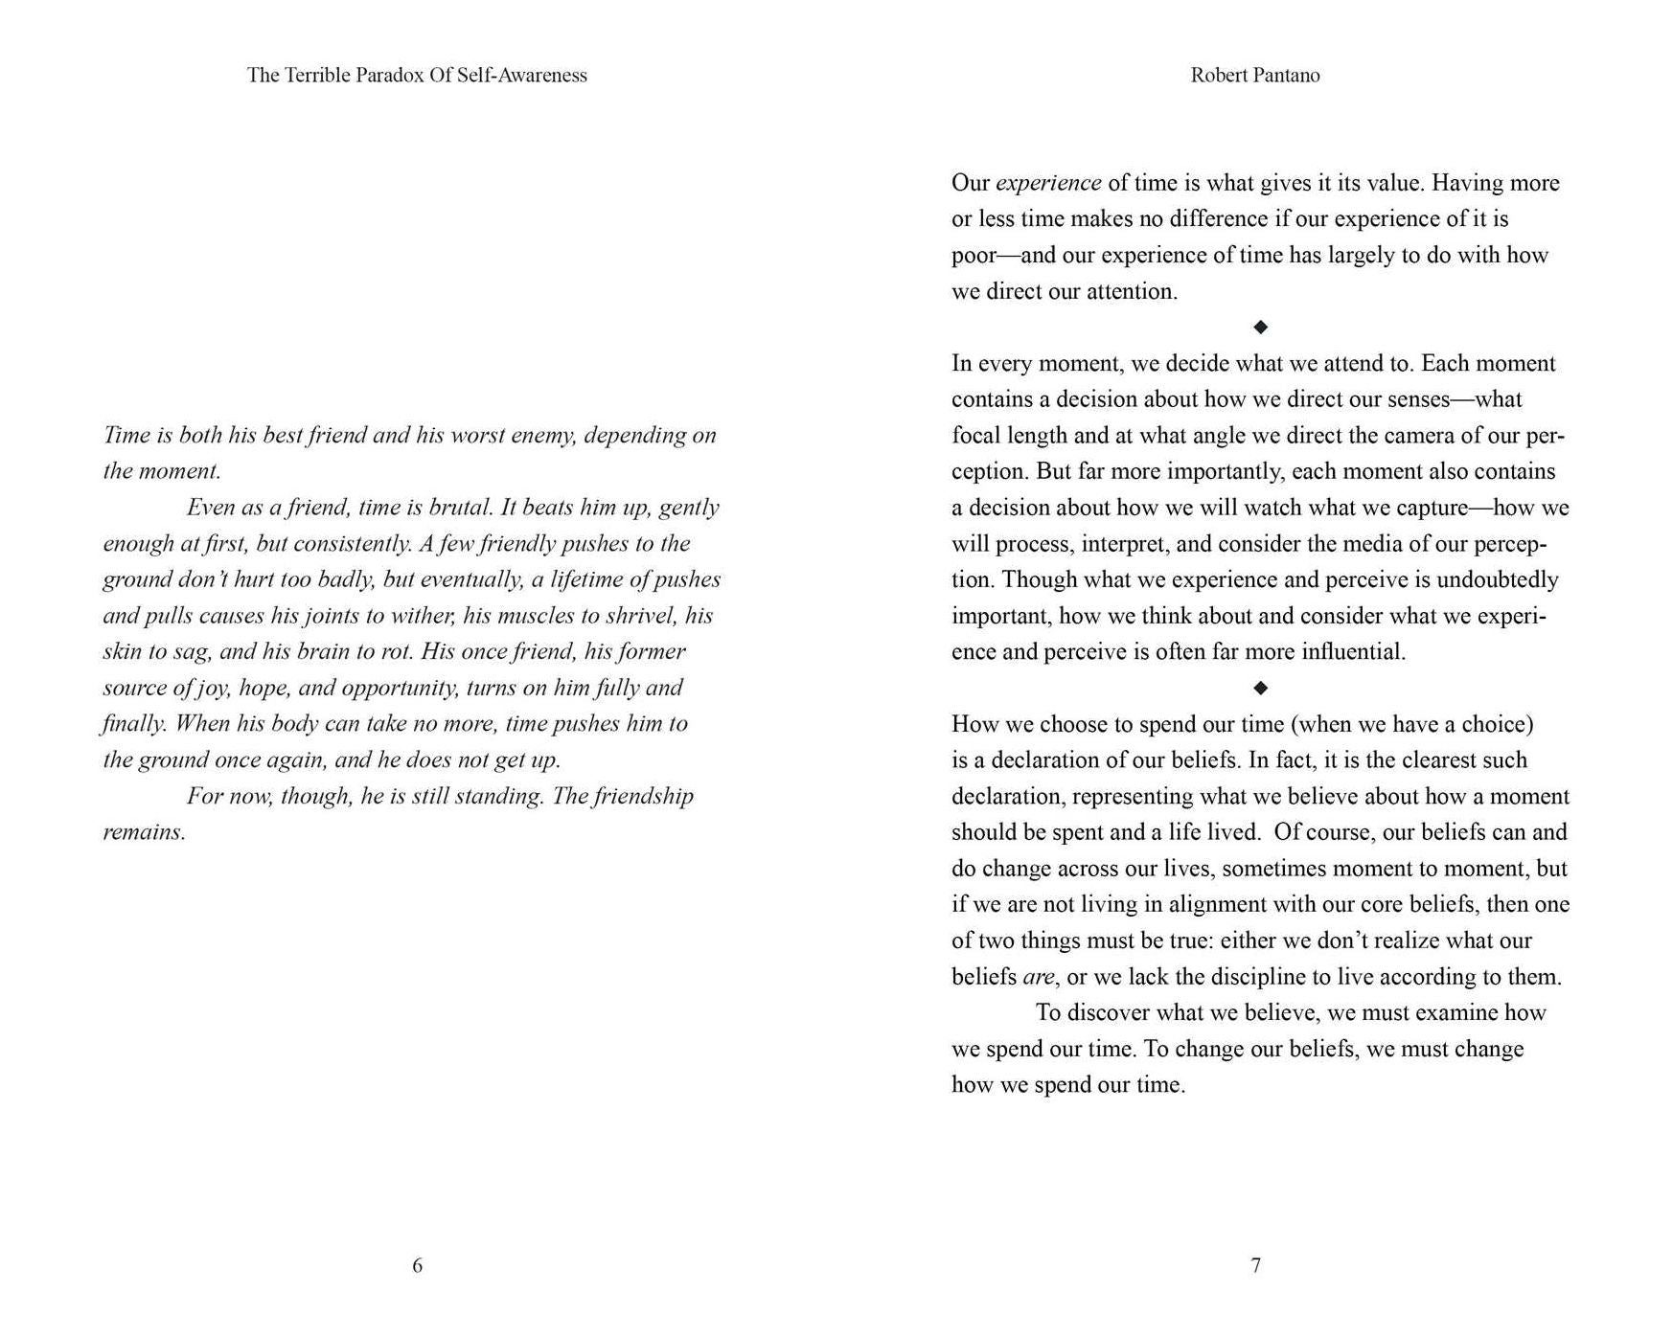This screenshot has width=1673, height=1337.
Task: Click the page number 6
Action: [417, 1265]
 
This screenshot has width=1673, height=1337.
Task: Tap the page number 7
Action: [1255, 1265]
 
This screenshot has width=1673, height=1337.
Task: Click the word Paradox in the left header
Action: [389, 75]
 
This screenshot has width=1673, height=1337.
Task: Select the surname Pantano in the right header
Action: [1283, 75]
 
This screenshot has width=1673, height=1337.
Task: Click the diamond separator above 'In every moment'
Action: [1260, 328]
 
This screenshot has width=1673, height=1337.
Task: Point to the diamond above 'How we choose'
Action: [1260, 688]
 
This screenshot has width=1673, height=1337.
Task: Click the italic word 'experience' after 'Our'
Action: [1048, 183]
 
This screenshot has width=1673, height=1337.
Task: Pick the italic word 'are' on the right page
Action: [1038, 977]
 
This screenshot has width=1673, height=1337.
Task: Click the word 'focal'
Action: [975, 436]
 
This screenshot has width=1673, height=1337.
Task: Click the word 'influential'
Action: [1353, 652]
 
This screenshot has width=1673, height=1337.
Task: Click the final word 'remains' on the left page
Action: [143, 832]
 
